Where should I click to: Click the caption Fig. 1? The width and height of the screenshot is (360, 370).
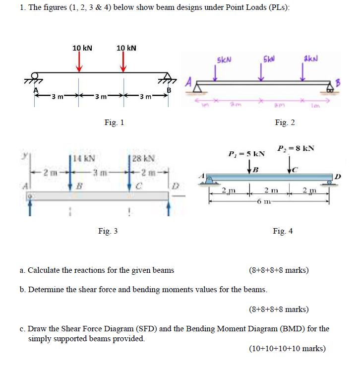click(115, 123)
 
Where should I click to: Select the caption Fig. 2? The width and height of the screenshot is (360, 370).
click(286, 123)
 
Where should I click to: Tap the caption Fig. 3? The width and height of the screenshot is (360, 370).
click(108, 231)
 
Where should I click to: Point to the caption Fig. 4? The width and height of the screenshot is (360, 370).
click(283, 231)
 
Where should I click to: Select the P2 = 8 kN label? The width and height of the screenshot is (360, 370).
click(297, 147)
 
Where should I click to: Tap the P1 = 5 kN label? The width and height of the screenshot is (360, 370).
click(246, 153)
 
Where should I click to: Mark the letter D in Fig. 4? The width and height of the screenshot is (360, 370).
click(338, 175)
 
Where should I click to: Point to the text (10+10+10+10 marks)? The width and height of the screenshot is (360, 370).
click(287, 348)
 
